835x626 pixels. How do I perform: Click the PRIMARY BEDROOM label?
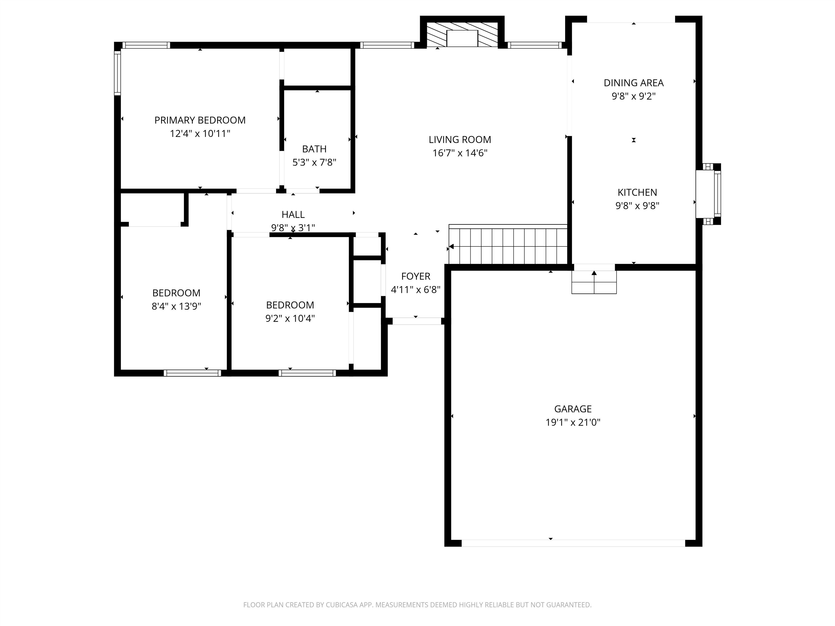point(200,120)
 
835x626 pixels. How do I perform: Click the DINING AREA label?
point(633,83)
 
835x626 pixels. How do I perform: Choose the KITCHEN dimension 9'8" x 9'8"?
point(637,206)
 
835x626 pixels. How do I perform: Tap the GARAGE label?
point(573,409)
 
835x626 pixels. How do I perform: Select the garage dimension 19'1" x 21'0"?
point(573,422)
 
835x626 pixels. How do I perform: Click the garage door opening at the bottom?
point(573,543)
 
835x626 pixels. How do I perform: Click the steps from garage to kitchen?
point(594,282)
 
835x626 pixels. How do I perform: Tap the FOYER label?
point(415,276)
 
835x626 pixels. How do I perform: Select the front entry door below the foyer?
point(416,321)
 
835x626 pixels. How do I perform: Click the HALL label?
point(293,214)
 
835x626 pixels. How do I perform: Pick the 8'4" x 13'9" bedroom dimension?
point(176,306)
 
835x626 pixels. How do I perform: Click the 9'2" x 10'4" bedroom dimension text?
point(290,318)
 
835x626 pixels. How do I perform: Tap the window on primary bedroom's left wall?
point(117,73)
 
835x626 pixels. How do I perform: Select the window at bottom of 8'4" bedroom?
point(192,373)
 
